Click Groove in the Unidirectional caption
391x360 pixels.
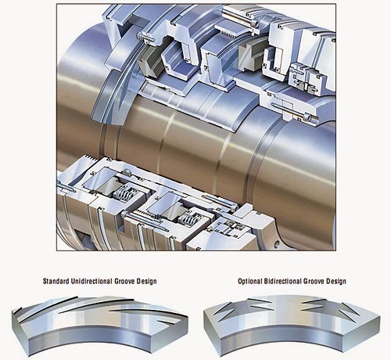click(124, 281)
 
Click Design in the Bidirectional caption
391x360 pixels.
click(336, 281)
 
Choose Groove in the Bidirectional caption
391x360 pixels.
click(314, 281)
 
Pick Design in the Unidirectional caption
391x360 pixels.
click(147, 282)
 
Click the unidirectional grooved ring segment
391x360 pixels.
click(99, 326)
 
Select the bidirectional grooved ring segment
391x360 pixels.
click(292, 326)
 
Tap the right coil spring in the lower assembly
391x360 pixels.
click(188, 216)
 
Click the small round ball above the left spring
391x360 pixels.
click(127, 172)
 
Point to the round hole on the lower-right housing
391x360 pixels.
click(277, 245)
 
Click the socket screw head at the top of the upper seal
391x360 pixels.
click(255, 24)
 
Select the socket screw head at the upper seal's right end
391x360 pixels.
click(307, 117)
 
